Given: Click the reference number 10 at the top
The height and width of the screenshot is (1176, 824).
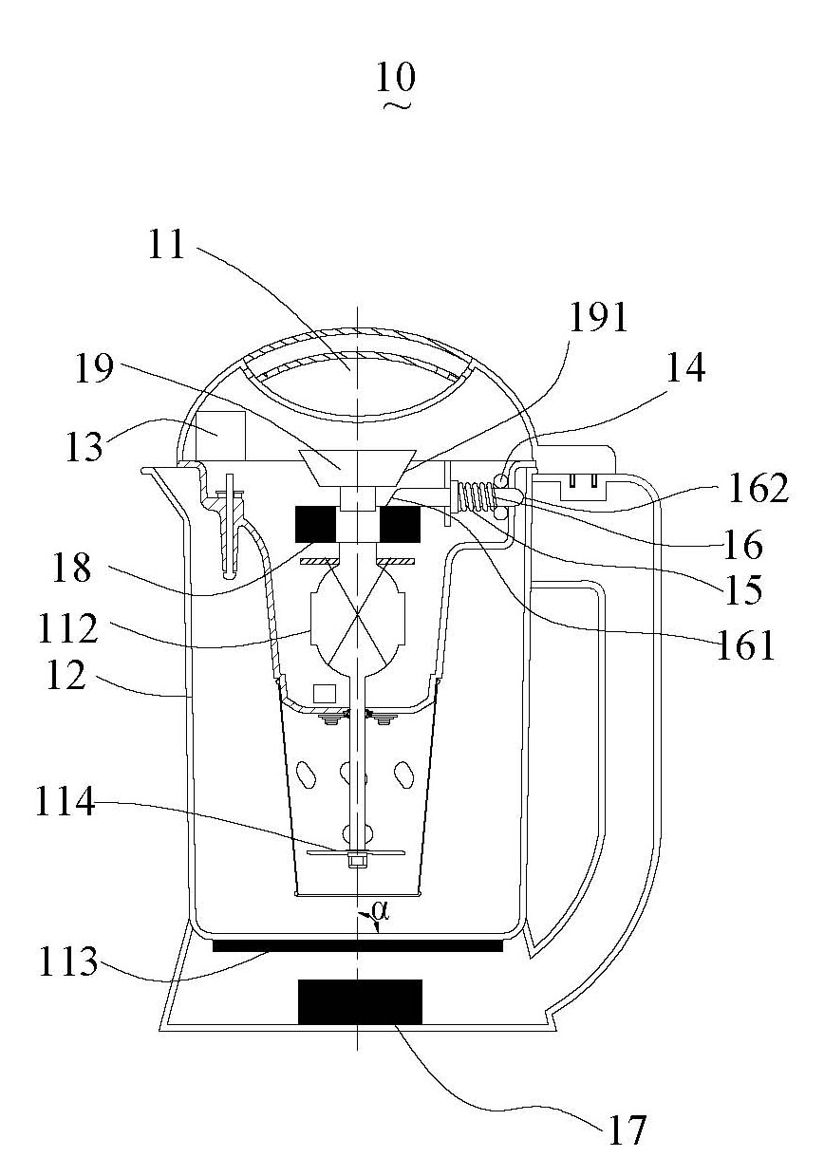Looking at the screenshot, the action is tap(396, 78).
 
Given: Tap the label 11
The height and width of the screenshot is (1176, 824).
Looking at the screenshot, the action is tap(166, 245).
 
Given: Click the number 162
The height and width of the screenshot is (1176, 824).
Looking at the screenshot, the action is tap(758, 488).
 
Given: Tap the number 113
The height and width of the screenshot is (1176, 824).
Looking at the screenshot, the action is tap(68, 961).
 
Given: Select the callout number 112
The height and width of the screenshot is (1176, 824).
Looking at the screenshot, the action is tap(68, 628).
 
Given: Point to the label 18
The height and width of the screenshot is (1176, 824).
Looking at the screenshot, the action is tap(71, 568).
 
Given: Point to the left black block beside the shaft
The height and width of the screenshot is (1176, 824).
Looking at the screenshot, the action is tap(315, 524).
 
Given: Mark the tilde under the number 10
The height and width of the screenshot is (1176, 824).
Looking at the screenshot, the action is tap(398, 106).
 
